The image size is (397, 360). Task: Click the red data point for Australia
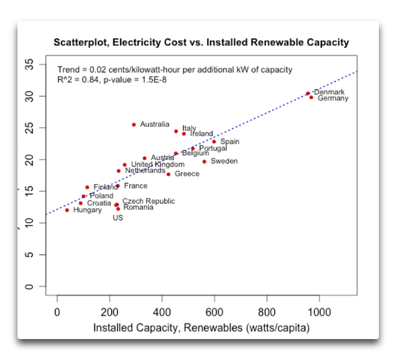pyautogui.click(x=134, y=124)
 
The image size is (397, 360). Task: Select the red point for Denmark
pyautogui.click(x=308, y=93)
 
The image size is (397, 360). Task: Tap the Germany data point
pyautogui.click(x=311, y=97)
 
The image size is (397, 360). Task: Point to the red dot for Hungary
pyautogui.click(x=67, y=210)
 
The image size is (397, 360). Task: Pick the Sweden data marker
pyautogui.click(x=204, y=161)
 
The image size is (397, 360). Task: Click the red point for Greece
pyautogui.click(x=169, y=174)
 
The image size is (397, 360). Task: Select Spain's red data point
pyautogui.click(x=214, y=141)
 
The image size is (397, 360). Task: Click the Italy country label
pyautogui.click(x=189, y=128)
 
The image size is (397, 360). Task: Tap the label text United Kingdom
pyautogui.click(x=157, y=165)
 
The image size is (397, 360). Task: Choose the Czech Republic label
pyautogui.click(x=148, y=201)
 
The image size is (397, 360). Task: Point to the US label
pyautogui.click(x=118, y=218)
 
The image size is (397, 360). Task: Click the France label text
pyautogui.click(x=136, y=186)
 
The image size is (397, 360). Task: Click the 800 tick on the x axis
pyautogui.click(x=267, y=312)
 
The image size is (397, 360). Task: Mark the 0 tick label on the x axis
pyautogui.click(x=57, y=312)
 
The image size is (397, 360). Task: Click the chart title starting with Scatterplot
pyautogui.click(x=201, y=42)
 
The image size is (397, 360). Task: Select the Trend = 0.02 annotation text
pyautogui.click(x=175, y=70)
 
